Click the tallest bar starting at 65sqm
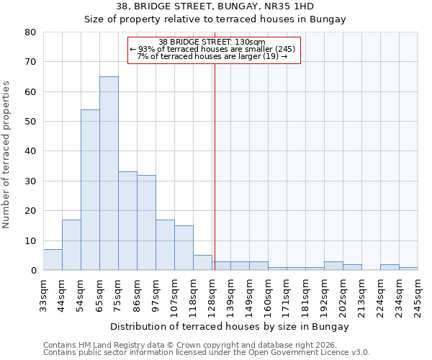(109, 173)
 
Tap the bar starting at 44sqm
(71, 245)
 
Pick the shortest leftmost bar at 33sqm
(53, 260)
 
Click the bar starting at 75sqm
(127, 220)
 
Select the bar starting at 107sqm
(184, 248)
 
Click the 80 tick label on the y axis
(30, 32)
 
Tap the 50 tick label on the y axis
(30, 122)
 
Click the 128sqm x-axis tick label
(212, 296)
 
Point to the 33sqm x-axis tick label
(44, 296)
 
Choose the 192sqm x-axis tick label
(325, 296)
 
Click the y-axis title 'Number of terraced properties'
(7, 155)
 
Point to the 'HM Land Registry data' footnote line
(207, 345)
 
